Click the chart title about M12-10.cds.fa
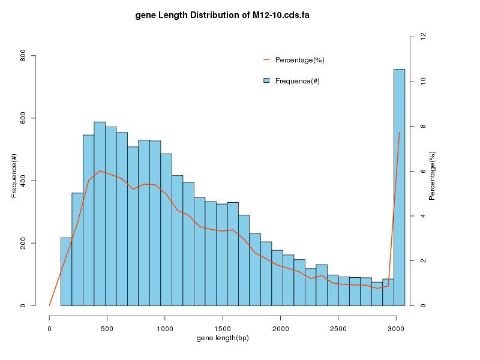point(222,14)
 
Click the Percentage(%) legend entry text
point(299,60)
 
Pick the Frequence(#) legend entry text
point(297,81)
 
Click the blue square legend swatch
point(266,80)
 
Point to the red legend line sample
point(266,60)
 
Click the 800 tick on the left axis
point(23,56)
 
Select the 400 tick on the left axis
point(23,181)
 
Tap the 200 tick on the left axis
point(23,243)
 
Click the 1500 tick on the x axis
point(223,329)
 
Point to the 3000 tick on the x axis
point(396,329)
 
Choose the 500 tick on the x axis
point(107,329)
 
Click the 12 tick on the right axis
point(423,37)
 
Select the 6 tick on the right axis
point(423,171)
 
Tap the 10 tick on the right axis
point(423,81)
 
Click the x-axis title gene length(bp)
point(223,339)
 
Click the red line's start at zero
point(49,305)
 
